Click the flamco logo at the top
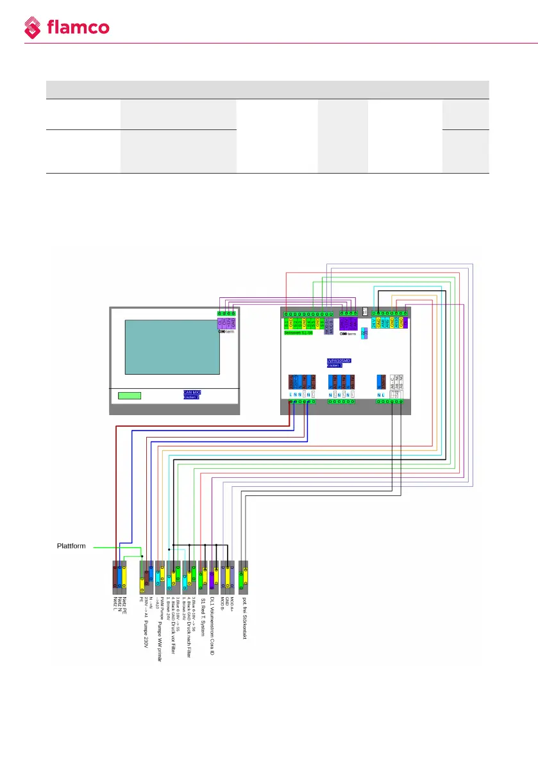click(67, 27)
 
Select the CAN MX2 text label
click(192, 392)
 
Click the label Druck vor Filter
click(174, 621)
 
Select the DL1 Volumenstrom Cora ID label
click(212, 625)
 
